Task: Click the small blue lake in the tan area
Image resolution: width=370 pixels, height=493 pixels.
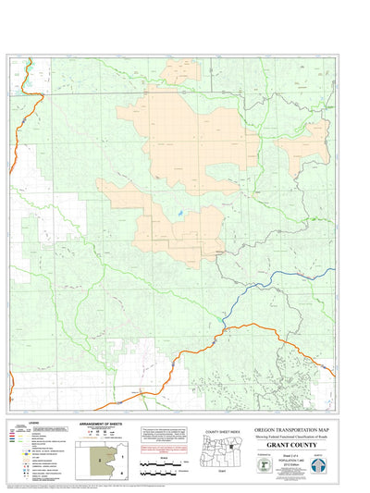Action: click(x=179, y=218)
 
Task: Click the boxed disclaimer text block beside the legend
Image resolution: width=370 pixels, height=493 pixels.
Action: click(x=161, y=434)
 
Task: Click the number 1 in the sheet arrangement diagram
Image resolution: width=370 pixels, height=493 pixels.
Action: click(x=122, y=446)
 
